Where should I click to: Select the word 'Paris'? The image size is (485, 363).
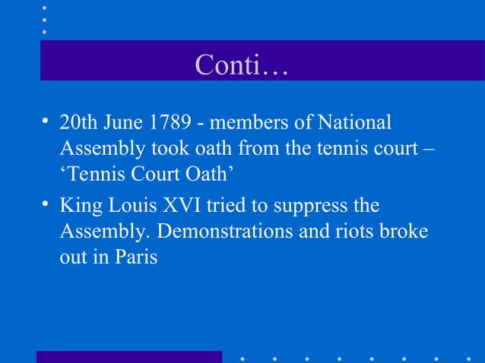tap(137, 257)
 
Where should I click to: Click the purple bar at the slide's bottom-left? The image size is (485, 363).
tap(129, 357)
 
